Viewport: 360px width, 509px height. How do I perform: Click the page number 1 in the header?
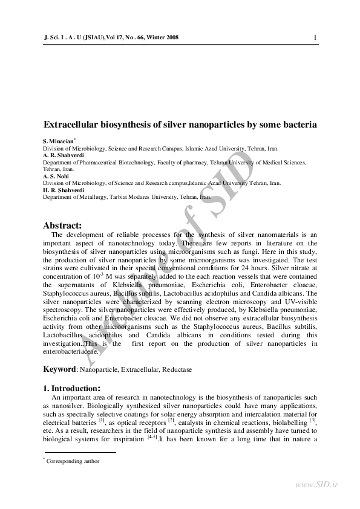315,37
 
